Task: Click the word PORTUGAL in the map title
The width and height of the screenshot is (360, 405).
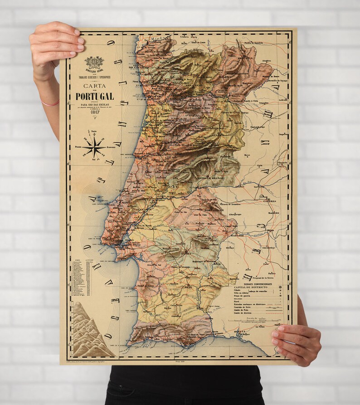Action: pos(95,97)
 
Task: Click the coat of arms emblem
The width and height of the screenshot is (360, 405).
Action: pos(94,63)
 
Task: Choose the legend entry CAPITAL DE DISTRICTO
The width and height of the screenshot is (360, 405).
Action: pos(249,288)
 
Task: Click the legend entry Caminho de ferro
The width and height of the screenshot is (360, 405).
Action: pos(245,307)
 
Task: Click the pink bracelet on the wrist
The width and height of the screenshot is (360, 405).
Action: pos(50,103)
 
